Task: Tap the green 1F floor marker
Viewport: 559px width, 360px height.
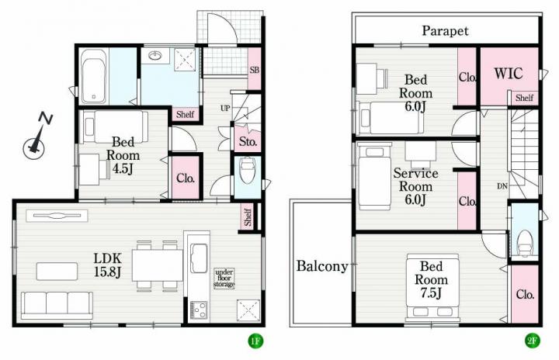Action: pyautogui.click(x=255, y=341)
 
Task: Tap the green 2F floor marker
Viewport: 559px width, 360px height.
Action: pyautogui.click(x=532, y=341)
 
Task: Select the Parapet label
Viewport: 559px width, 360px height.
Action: pyautogui.click(x=446, y=31)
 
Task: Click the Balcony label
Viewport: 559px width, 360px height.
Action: pyautogui.click(x=322, y=266)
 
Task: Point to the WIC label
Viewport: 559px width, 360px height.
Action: pyautogui.click(x=509, y=74)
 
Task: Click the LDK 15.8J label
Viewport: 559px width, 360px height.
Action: pyautogui.click(x=107, y=265)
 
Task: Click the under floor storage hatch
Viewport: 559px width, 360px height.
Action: pyautogui.click(x=224, y=278)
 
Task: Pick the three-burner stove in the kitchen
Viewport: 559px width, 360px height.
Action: pyautogui.click(x=199, y=310)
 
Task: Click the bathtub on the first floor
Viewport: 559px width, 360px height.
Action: pyautogui.click(x=94, y=76)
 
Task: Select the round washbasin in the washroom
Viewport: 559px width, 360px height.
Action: pyautogui.click(x=155, y=56)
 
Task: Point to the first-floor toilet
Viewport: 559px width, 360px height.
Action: pyautogui.click(x=247, y=171)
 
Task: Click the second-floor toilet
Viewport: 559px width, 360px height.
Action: pyautogui.click(x=524, y=243)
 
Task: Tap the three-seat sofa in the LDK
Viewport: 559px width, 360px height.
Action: pyautogui.click(x=57, y=306)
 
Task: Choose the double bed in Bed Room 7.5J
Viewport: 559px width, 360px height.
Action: pyautogui.click(x=432, y=287)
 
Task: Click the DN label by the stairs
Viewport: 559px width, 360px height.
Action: pyautogui.click(x=502, y=186)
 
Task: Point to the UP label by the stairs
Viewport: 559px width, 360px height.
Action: pyautogui.click(x=225, y=108)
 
